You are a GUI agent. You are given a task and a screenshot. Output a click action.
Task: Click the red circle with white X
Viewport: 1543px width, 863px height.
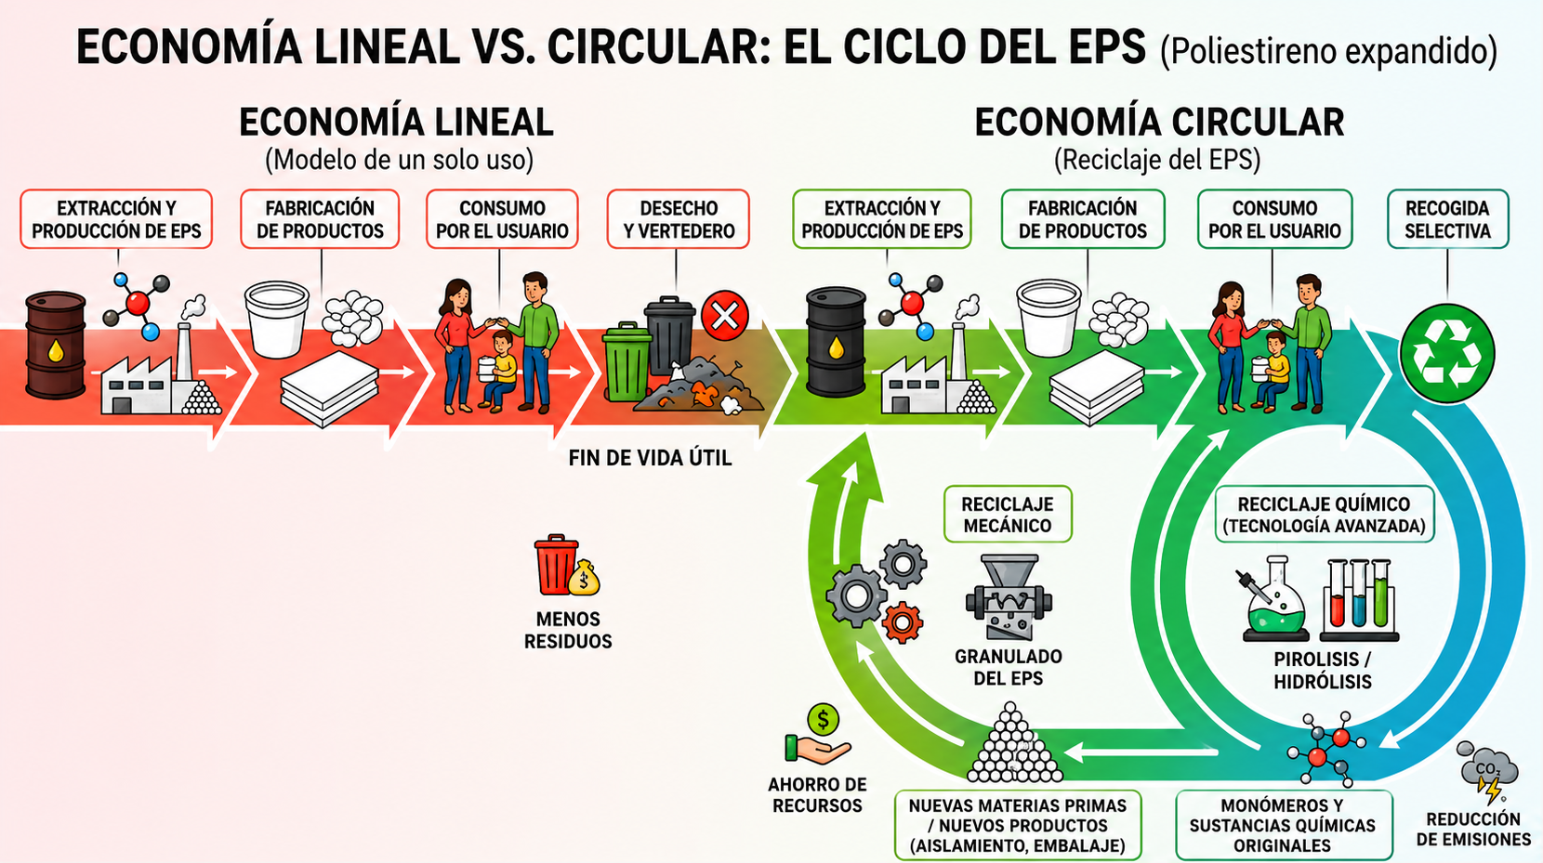[x=725, y=316]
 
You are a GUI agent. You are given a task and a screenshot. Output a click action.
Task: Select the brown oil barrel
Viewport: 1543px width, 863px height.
[x=55, y=346]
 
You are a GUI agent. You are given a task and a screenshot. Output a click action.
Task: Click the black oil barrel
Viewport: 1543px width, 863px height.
[x=836, y=342]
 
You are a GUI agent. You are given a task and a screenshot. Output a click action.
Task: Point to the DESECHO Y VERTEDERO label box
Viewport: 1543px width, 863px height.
[x=678, y=219]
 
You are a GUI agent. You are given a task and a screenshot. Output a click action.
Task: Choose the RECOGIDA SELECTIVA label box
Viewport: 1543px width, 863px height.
[x=1447, y=219]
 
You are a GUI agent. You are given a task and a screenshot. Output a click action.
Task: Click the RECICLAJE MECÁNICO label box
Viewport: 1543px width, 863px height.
[x=1007, y=514]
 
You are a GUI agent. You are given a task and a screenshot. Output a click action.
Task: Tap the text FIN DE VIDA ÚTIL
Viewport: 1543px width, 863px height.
[x=650, y=458]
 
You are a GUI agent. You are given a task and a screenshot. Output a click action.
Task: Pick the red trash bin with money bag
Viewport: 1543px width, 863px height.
[x=566, y=565]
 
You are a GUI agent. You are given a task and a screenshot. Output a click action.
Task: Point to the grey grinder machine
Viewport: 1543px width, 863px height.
[x=1009, y=596]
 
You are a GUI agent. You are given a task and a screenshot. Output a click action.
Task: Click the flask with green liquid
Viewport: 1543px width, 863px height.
[x=1273, y=599]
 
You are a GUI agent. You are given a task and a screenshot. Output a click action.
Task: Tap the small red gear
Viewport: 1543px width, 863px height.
[x=902, y=622]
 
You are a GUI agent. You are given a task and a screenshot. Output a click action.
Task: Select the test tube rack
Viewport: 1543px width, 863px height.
[x=1359, y=599]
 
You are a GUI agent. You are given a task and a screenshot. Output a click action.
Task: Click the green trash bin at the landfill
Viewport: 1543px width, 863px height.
[x=626, y=362]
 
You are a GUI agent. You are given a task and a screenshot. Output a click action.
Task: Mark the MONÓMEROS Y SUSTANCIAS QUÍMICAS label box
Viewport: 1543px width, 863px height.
[x=1284, y=825]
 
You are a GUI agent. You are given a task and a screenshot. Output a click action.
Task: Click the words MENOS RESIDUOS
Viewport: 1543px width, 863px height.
[x=568, y=631]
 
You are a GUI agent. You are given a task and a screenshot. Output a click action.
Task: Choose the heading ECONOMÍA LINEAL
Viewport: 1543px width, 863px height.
[x=396, y=123]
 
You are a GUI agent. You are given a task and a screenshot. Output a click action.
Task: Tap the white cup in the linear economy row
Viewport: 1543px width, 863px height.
[x=276, y=319]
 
